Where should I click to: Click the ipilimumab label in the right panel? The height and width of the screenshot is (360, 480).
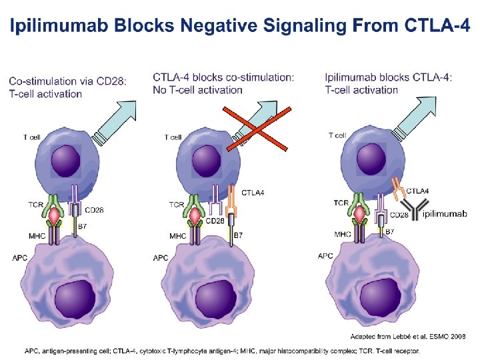click(x=445, y=214)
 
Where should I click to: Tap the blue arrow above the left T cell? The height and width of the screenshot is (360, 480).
click(x=116, y=121)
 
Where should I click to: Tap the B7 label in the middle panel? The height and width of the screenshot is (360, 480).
click(x=238, y=235)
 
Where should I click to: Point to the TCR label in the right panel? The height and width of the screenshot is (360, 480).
click(x=341, y=203)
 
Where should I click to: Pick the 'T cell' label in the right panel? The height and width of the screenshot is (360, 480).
click(x=337, y=135)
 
